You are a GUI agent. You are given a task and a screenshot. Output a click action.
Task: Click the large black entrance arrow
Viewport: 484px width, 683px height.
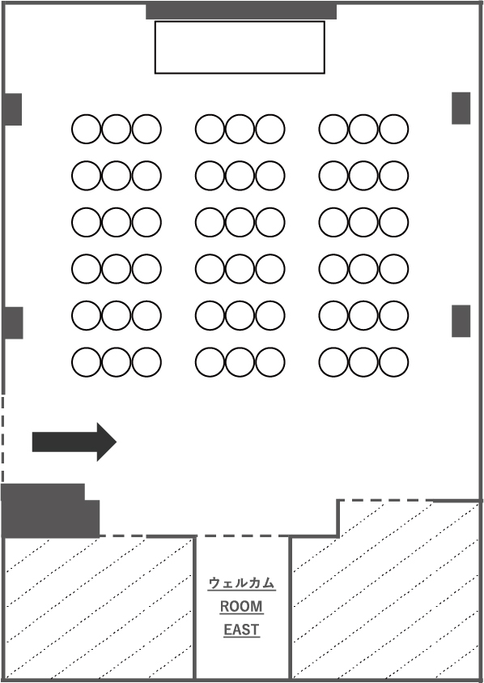(x=74, y=442)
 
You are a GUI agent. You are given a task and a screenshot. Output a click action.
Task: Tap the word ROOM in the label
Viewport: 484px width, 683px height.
(x=241, y=606)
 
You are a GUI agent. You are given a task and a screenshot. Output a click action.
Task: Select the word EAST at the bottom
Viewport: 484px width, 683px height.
(x=241, y=630)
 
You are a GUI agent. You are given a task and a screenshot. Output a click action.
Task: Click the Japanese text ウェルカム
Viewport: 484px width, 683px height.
(x=241, y=583)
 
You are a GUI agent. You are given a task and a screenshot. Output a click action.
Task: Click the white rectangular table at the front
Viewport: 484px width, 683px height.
(x=240, y=47)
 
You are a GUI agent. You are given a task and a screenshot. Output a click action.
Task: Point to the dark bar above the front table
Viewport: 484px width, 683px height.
(x=241, y=11)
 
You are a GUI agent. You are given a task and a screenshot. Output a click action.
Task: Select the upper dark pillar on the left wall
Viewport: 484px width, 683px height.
(x=13, y=109)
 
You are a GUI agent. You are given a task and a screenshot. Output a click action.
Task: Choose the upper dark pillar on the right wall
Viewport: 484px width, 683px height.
(x=461, y=108)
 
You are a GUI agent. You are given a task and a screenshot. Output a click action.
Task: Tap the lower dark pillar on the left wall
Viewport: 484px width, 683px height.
(x=13, y=322)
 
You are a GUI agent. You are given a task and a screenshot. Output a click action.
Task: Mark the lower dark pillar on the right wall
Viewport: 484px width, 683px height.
(x=461, y=321)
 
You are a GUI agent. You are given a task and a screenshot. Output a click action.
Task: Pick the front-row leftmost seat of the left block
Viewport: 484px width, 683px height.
(x=86, y=129)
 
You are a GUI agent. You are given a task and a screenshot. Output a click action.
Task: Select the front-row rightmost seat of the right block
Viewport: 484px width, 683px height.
(x=394, y=129)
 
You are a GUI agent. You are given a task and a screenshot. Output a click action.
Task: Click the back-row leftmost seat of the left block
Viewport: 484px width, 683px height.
(x=86, y=362)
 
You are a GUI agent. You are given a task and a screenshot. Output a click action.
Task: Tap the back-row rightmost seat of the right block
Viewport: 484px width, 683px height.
(x=394, y=362)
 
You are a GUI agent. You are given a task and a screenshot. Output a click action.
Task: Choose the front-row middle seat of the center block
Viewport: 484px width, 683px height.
(x=240, y=129)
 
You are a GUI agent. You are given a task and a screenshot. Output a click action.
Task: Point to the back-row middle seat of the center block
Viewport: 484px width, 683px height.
(x=240, y=362)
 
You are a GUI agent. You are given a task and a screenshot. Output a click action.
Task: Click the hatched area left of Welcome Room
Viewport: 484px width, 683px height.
(x=99, y=608)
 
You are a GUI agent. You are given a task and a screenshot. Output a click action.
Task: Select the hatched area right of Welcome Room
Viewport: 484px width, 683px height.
(x=385, y=592)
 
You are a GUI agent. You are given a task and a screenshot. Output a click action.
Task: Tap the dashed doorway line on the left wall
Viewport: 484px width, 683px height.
(x=2, y=439)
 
